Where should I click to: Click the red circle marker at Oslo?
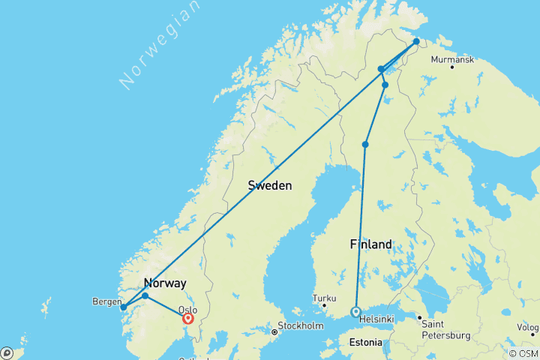[188, 318]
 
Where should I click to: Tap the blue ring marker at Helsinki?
[356, 312]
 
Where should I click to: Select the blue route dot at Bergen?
[123, 307]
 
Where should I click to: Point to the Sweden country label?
[270, 185]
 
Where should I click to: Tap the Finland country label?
[370, 244]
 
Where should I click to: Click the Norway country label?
[164, 283]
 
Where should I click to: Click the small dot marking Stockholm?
[274, 331]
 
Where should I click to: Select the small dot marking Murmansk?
[452, 67]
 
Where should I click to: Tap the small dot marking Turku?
[324, 305]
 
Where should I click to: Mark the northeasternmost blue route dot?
[416, 42]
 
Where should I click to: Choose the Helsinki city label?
[376, 319]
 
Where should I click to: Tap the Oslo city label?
[187, 309]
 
